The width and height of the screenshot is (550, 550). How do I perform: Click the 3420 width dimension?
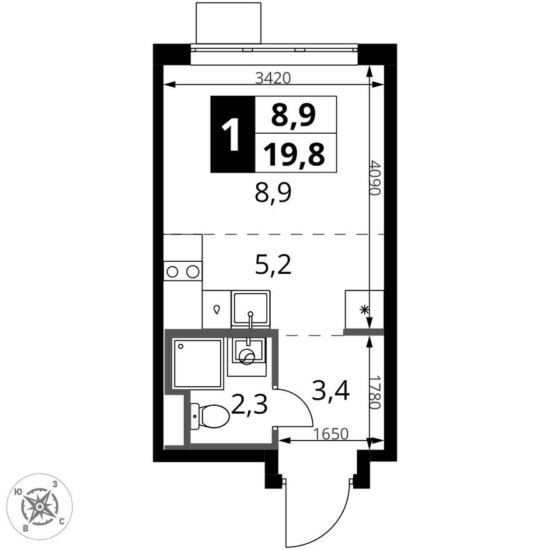tap(273, 77)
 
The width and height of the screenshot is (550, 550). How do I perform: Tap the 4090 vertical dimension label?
tap(374, 178)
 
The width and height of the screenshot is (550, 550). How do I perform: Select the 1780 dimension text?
tap(374, 392)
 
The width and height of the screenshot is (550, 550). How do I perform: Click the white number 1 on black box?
tap(232, 135)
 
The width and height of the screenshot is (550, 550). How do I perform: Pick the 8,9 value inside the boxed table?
tap(294, 115)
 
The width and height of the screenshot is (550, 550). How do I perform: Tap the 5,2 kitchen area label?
tap(273, 266)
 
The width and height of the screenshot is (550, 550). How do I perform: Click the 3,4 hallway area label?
tap(330, 392)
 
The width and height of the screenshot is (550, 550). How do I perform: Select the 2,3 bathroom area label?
tap(249, 405)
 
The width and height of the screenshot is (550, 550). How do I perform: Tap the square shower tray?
tap(197, 364)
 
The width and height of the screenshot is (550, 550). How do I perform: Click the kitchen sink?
tap(250, 308)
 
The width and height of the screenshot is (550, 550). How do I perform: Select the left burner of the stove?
tap(173, 271)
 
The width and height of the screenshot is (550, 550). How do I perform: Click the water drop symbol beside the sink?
tap(217, 309)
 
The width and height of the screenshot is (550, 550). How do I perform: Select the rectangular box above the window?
tap(228, 23)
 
